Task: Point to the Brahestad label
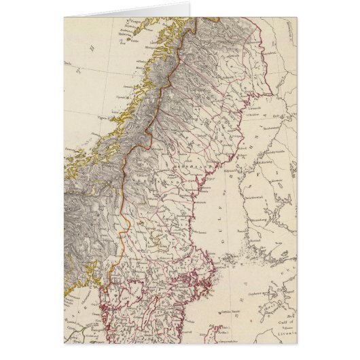point(272,127)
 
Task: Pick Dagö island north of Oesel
point(251,317)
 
